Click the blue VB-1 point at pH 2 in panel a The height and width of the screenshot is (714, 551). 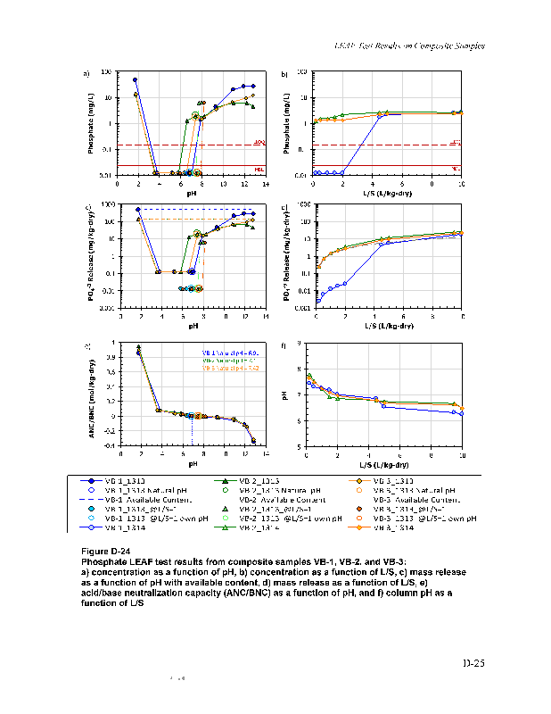point(136,79)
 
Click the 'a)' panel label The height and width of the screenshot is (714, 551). point(86,73)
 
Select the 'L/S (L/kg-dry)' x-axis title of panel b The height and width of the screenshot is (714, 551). point(387,193)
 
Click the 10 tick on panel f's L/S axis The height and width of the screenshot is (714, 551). point(461,455)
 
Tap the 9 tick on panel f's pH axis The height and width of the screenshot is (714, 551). point(298,344)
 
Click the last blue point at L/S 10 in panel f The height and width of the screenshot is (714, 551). point(461,413)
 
